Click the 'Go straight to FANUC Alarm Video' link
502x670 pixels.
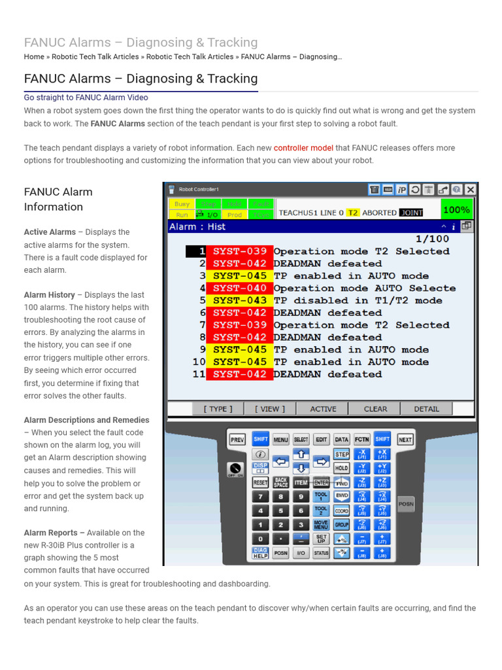pyautogui.click(x=86, y=97)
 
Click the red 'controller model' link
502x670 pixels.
pyautogui.click(x=303, y=148)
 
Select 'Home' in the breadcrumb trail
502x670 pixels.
pyautogui.click(x=34, y=57)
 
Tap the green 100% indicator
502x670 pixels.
pyautogui.click(x=456, y=210)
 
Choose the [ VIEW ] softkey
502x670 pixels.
pyautogui.click(x=270, y=409)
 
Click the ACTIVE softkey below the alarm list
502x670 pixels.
pyautogui.click(x=323, y=409)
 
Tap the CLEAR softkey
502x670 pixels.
pyautogui.click(x=375, y=409)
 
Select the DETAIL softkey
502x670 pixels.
pyautogui.click(x=426, y=409)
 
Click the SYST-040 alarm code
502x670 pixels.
pyautogui.click(x=239, y=288)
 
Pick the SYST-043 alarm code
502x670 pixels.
pyautogui.click(x=239, y=300)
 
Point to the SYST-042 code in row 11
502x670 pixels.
pyautogui.click(x=239, y=374)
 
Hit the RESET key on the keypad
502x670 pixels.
pyautogui.click(x=260, y=482)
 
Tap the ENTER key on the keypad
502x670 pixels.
pyautogui.click(x=321, y=482)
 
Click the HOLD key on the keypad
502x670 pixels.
pyautogui.click(x=341, y=468)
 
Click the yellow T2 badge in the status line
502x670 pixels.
pyautogui.click(x=353, y=213)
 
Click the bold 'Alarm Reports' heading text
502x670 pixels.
pyautogui.click(x=54, y=533)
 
